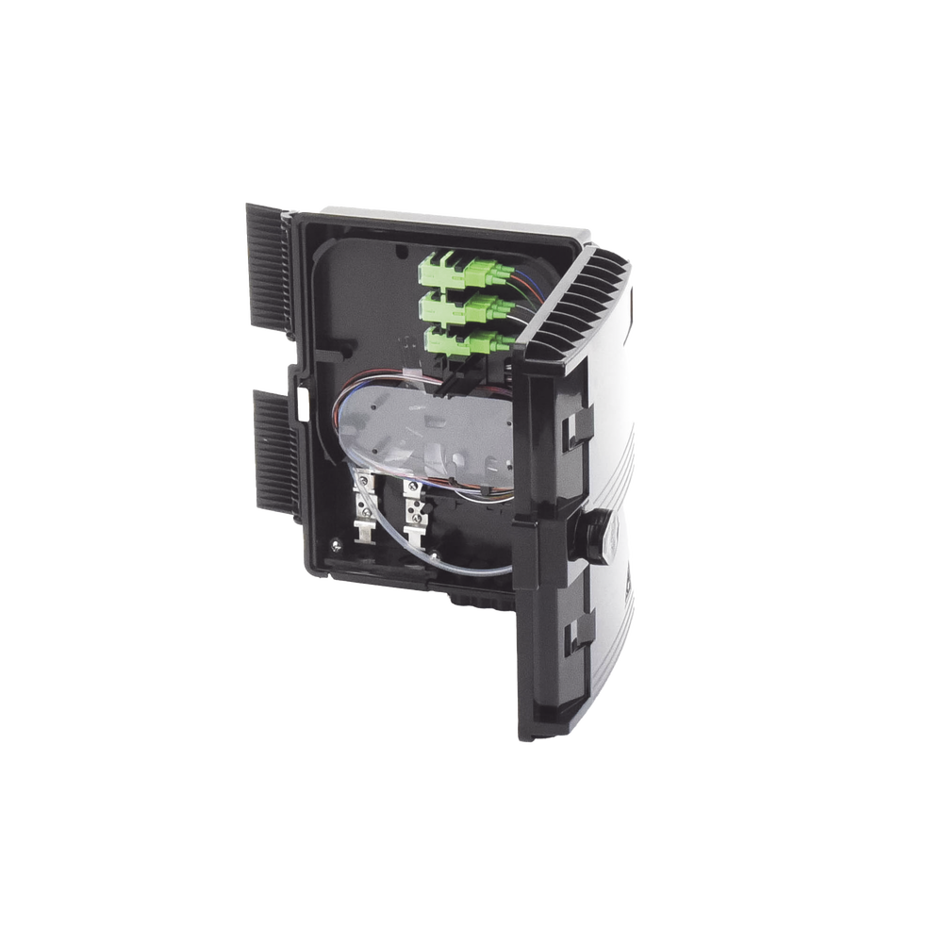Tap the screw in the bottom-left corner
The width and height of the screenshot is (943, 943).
336,543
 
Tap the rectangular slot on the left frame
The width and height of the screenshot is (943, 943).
305,406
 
